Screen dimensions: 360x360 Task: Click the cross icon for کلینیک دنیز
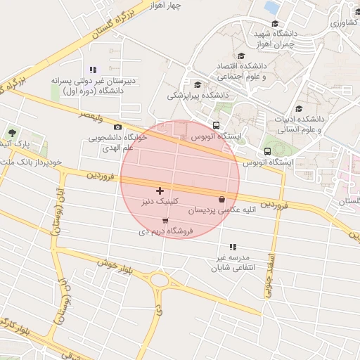coord(160,190)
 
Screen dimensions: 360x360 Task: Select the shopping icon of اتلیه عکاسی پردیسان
coord(222,199)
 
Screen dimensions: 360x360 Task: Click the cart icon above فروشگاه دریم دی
coord(165,220)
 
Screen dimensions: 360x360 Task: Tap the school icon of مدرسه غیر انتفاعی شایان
coord(233,247)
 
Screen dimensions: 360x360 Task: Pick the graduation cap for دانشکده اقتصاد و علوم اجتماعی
coord(241,56)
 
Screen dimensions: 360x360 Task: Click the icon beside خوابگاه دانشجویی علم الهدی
coord(117,127)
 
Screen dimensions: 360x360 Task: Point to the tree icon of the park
coord(11,132)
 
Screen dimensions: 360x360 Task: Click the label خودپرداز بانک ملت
coord(31,162)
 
